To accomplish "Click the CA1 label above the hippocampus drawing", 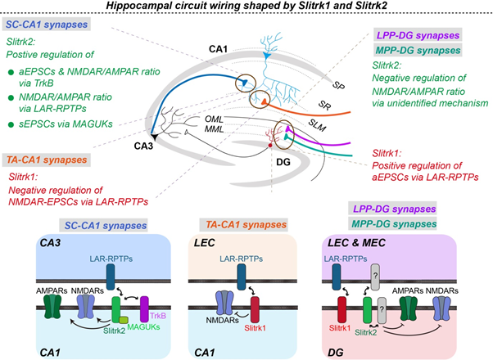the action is [218, 49].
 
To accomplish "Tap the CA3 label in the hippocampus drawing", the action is [143, 146].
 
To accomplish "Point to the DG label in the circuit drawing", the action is [283, 162].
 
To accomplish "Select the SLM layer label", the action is [317, 126].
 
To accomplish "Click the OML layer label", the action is [214, 119].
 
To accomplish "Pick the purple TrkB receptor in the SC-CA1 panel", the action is [144, 309].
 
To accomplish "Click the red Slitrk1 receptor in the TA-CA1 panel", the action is [255, 310].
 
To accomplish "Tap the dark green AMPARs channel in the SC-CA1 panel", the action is [52, 307].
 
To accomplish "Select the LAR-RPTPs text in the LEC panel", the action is [241, 259].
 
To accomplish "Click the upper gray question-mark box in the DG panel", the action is [375, 277].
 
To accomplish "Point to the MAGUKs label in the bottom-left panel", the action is [143, 327].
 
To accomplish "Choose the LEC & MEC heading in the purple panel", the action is [356, 242].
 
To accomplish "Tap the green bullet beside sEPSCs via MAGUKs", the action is [11, 124].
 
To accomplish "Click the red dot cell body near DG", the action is [269, 145].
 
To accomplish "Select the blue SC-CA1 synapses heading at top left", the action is [47, 25].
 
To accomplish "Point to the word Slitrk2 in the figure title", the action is [369, 6].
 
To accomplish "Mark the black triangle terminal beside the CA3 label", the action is [154, 137].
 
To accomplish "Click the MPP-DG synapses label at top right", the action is [418, 50].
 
